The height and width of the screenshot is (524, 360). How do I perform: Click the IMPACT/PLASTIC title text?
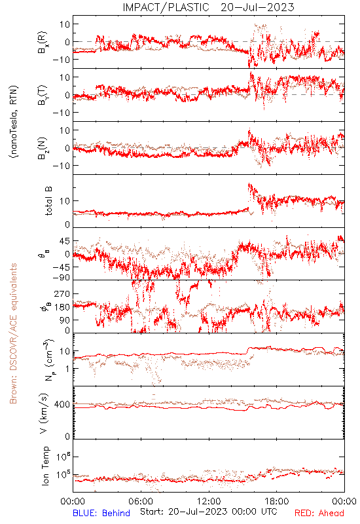[166, 7]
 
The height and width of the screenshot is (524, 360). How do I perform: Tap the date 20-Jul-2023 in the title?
[257, 7]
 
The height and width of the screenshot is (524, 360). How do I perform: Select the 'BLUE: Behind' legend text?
[101, 513]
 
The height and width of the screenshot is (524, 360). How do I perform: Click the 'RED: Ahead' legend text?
[319, 513]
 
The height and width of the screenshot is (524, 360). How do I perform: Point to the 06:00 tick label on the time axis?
[141, 501]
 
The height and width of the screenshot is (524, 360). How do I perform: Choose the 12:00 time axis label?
[209, 501]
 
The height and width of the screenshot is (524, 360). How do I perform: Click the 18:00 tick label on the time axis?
[277, 501]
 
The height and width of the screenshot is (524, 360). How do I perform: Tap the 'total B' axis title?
[48, 201]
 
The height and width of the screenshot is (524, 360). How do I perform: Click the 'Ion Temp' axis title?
[46, 466]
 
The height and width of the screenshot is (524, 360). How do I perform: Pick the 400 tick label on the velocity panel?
[62, 404]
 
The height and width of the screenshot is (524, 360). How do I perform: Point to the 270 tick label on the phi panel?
[62, 293]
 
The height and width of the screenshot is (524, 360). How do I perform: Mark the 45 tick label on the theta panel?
[65, 241]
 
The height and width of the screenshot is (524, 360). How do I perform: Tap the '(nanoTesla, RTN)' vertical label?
[14, 122]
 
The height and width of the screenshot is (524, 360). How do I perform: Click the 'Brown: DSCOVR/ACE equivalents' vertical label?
[13, 333]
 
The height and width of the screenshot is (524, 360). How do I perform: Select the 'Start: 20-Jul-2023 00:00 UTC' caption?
[209, 512]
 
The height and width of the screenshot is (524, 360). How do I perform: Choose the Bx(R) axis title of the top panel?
[43, 43]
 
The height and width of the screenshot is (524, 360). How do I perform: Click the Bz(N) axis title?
[43, 148]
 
